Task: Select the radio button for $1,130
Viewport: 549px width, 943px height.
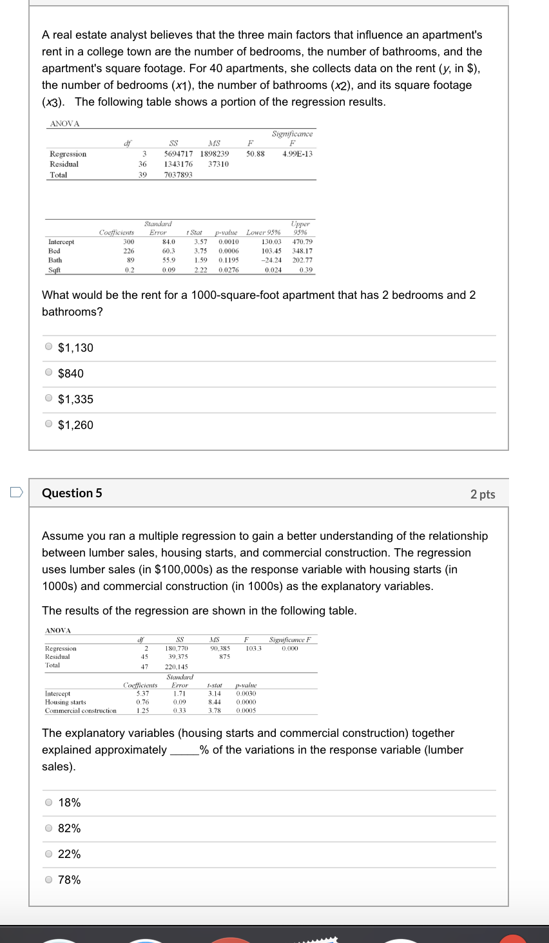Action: pos(49,347)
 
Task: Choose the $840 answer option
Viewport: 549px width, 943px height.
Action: pos(49,372)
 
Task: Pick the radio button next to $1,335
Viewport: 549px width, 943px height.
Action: pos(49,398)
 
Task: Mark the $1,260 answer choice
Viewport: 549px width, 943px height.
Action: pos(49,424)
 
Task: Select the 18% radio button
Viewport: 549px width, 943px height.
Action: pos(49,802)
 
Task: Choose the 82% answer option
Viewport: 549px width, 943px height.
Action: pos(49,828)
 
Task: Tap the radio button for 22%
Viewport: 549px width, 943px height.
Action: pos(49,853)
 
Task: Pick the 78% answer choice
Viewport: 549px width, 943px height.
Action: pos(49,879)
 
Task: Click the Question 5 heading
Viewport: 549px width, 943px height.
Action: pos(72,493)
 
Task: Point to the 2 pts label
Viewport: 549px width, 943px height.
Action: pos(483,494)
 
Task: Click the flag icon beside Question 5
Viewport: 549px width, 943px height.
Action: pos(16,492)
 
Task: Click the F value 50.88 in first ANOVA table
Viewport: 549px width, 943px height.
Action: pos(255,154)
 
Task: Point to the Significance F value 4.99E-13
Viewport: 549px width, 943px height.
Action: pos(297,154)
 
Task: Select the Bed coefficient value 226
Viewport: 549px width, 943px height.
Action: pos(129,251)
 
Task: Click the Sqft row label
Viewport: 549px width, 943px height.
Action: pos(54,270)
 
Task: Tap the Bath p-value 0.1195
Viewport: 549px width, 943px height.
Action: pos(228,260)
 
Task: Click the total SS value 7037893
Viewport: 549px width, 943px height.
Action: pos(178,175)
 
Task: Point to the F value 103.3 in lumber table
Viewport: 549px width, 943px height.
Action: pos(253,648)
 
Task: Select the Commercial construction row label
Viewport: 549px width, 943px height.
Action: pos(81,710)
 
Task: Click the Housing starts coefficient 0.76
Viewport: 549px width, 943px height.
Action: pos(142,702)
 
